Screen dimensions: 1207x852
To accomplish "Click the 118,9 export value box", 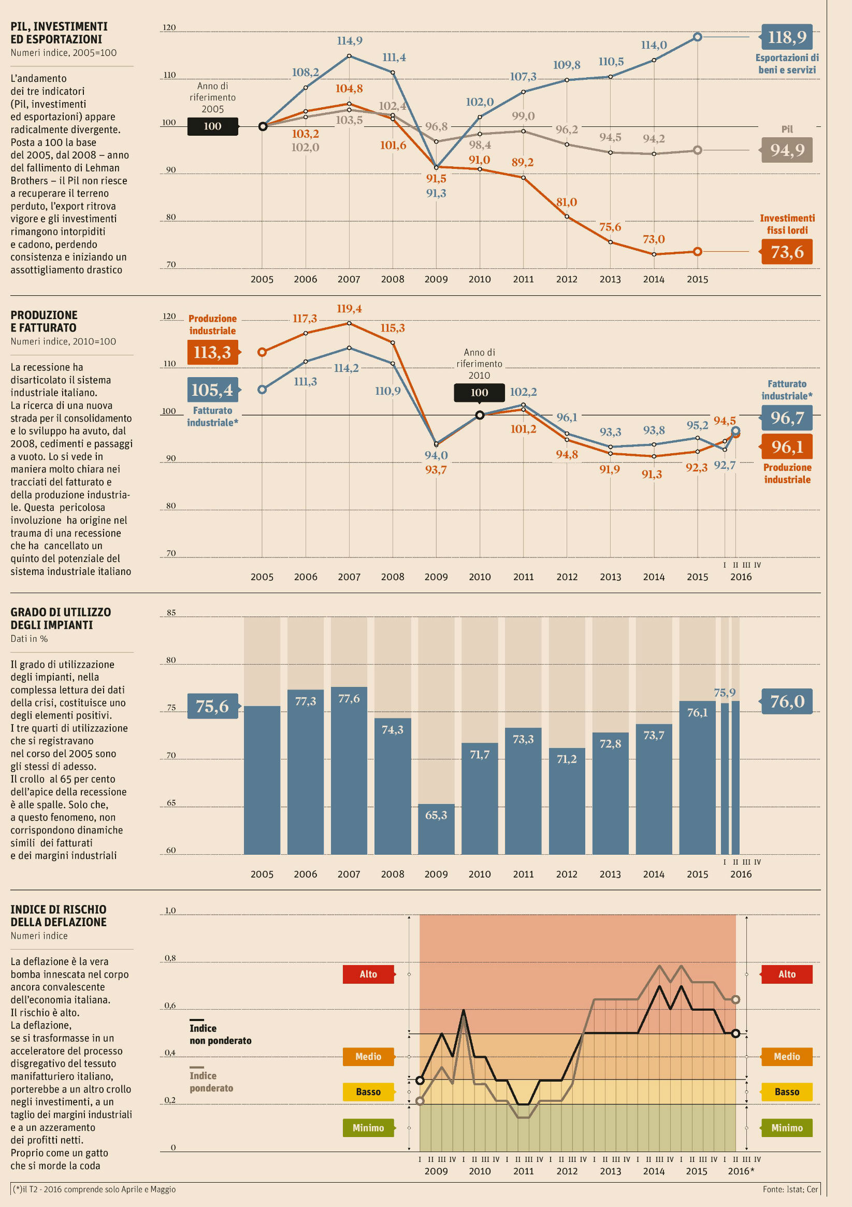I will click(787, 37).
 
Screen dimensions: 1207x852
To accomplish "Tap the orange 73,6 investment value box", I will click(787, 252).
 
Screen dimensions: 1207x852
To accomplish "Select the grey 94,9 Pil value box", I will click(787, 150).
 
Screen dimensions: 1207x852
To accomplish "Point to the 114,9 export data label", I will click(350, 40).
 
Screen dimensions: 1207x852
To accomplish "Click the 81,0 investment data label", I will click(567, 202).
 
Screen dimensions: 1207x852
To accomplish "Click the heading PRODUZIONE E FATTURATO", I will click(44, 321).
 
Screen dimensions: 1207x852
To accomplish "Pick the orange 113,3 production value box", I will click(212, 352).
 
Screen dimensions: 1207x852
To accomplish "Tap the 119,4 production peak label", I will click(350, 309).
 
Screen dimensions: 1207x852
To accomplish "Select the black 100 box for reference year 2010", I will click(480, 392).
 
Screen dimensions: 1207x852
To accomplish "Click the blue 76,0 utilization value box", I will click(787, 701).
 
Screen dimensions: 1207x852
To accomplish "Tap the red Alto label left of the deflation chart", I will click(368, 974).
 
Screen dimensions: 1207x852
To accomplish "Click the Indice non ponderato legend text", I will click(220, 1034).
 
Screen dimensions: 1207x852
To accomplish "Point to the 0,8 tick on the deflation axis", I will click(170, 958).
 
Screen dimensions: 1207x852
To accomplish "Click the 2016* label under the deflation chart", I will click(741, 1171).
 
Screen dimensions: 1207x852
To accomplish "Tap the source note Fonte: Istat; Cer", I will click(790, 1189).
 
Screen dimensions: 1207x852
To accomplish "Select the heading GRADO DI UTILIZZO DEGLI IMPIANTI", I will click(61, 618).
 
